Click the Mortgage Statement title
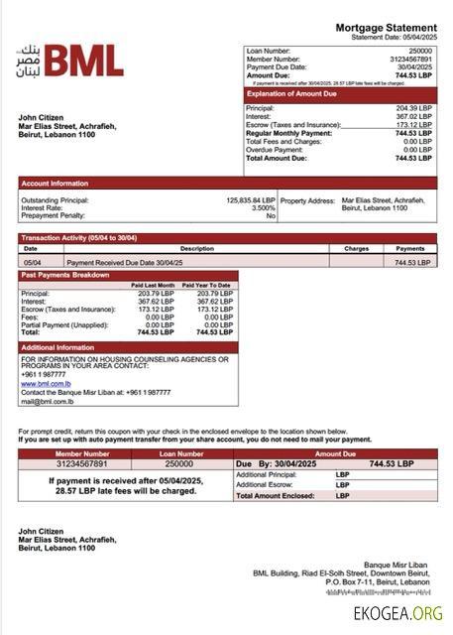(x=386, y=27)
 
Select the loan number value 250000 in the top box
(x=420, y=50)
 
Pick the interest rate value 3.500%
(x=263, y=207)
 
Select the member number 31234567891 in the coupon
(x=68, y=463)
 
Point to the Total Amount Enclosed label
(x=276, y=495)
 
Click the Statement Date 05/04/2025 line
(x=394, y=37)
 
